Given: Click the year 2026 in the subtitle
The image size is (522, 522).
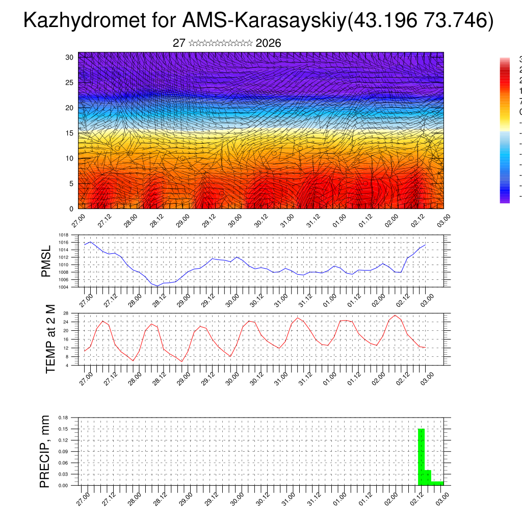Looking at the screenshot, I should (268, 43).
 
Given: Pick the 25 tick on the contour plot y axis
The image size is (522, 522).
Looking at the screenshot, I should (70, 83).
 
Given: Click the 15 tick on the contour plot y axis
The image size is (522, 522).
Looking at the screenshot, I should (70, 133).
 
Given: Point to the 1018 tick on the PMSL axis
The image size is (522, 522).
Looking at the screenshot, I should (64, 236).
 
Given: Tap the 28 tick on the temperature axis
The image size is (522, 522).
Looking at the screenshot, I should (66, 313).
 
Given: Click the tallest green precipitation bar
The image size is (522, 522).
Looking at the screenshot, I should (421, 457).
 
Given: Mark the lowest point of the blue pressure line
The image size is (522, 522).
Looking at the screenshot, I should (158, 286).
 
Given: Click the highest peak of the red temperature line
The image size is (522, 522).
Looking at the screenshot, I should (395, 315).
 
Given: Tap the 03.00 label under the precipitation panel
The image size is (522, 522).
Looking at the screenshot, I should (441, 498).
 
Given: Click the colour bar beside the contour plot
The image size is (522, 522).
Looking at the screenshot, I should (505, 130).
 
